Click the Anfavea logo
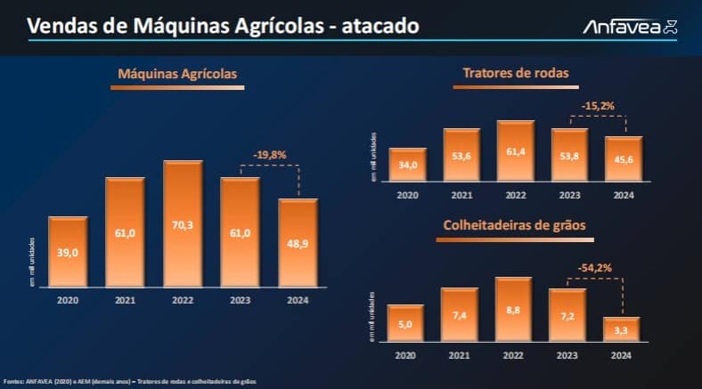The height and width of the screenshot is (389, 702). click(x=630, y=27)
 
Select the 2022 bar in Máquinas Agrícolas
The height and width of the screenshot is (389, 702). click(x=183, y=225)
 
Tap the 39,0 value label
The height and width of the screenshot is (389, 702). click(x=68, y=253)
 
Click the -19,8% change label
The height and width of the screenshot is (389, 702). click(x=269, y=155)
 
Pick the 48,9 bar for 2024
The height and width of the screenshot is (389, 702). click(x=298, y=243)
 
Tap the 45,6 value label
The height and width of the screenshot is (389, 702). click(x=624, y=161)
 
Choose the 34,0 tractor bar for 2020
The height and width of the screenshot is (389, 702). click(x=408, y=165)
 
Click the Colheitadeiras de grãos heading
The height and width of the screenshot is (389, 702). click(x=514, y=226)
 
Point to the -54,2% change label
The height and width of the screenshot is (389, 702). click(x=595, y=266)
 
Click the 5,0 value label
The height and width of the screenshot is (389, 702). click(x=406, y=324)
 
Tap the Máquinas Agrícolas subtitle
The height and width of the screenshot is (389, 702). click(x=178, y=75)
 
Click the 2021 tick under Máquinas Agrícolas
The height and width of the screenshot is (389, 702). click(x=125, y=301)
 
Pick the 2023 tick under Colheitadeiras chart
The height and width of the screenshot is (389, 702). click(x=567, y=354)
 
